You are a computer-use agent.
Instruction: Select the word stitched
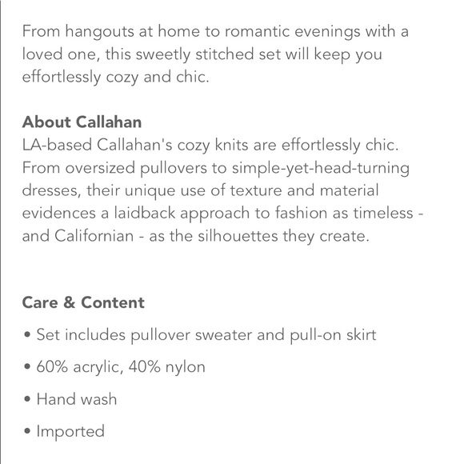tap(220, 55)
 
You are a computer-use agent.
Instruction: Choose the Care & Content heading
tap(84, 303)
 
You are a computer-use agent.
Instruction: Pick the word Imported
tap(70, 432)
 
